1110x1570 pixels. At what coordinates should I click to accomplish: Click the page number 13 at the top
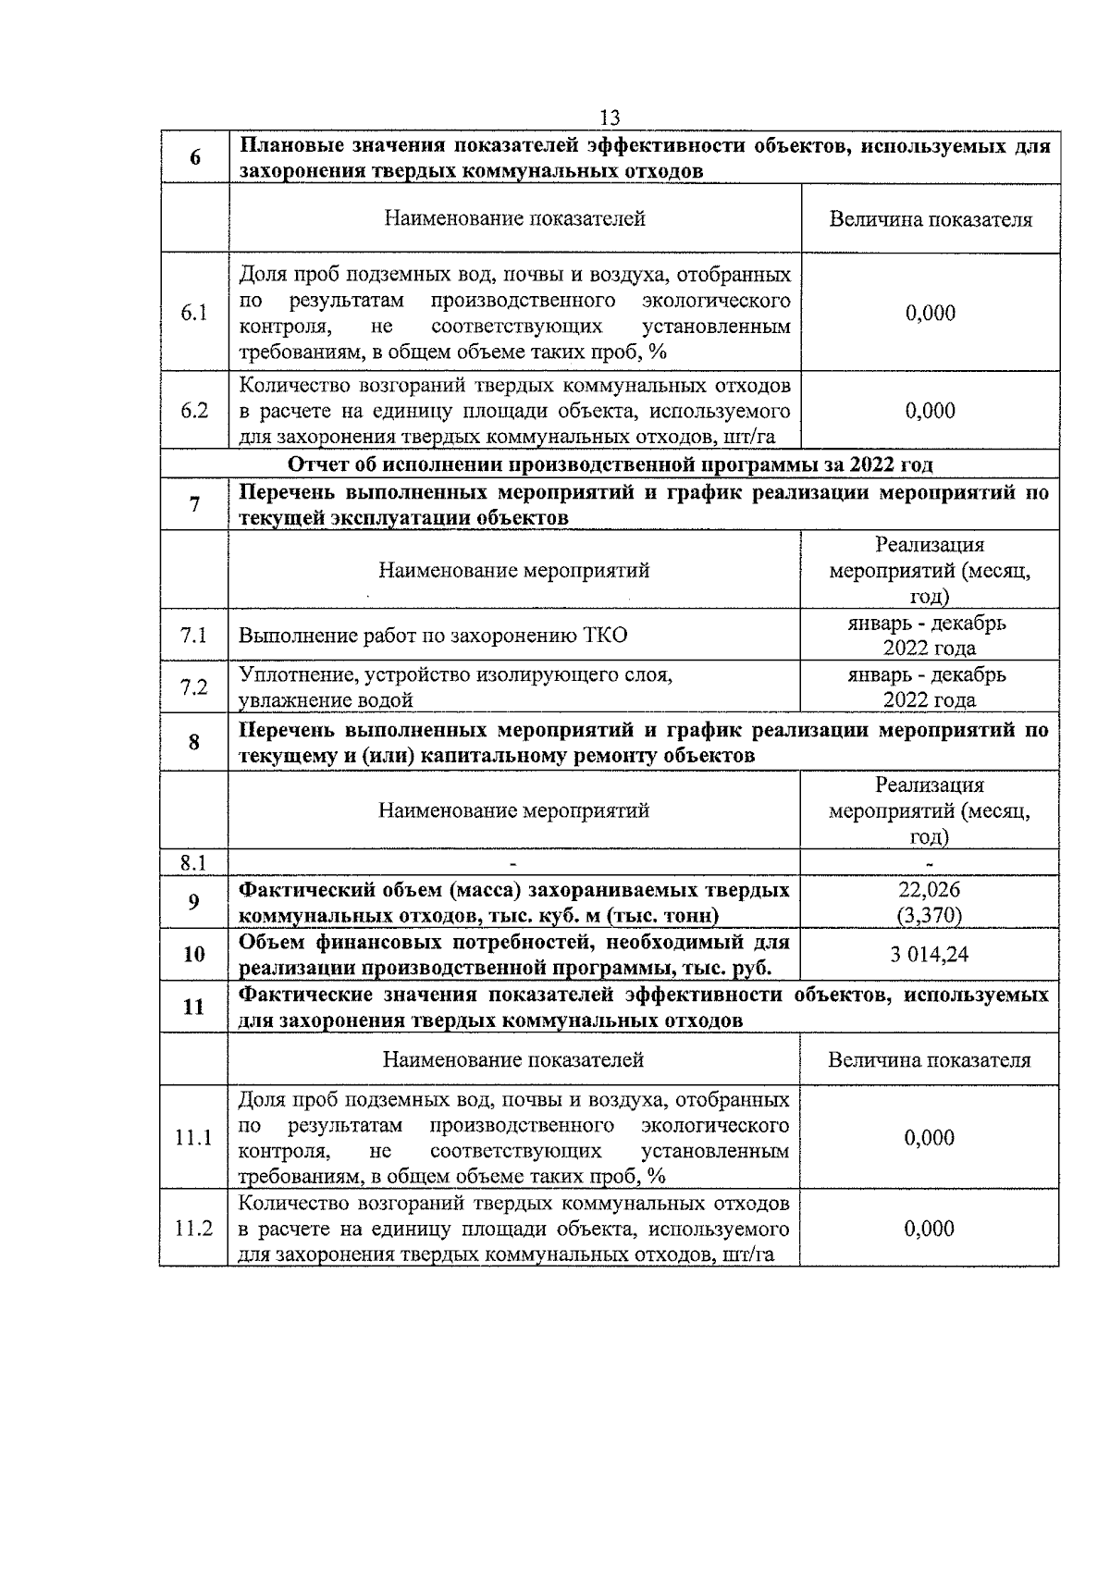click(x=610, y=117)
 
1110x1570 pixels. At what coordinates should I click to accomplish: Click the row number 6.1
click(x=194, y=313)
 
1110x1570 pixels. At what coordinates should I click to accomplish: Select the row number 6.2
click(x=194, y=411)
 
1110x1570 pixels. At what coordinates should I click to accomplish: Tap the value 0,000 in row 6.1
click(x=930, y=313)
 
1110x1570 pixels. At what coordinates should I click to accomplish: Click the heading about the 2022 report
click(x=610, y=464)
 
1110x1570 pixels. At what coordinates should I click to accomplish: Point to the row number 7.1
click(x=194, y=635)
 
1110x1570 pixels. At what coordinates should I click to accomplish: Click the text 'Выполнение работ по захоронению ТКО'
click(x=433, y=635)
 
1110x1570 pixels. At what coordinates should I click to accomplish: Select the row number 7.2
click(x=194, y=686)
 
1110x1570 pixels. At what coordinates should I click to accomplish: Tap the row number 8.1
click(x=192, y=863)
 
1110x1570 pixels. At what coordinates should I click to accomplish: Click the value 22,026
click(x=930, y=890)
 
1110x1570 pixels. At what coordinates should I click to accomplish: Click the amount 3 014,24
click(x=930, y=955)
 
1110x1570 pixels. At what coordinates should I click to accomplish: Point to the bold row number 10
click(x=194, y=955)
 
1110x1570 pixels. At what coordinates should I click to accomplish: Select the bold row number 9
click(x=194, y=902)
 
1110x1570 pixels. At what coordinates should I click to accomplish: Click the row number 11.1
click(x=194, y=1138)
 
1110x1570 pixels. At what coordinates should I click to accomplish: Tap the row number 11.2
click(x=194, y=1229)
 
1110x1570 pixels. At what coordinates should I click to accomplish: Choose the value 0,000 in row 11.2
click(x=930, y=1229)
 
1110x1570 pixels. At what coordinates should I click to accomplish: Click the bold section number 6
click(x=195, y=157)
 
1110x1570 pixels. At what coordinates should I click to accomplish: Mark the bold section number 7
click(x=194, y=504)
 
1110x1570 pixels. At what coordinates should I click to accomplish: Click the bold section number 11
click(x=194, y=1007)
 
